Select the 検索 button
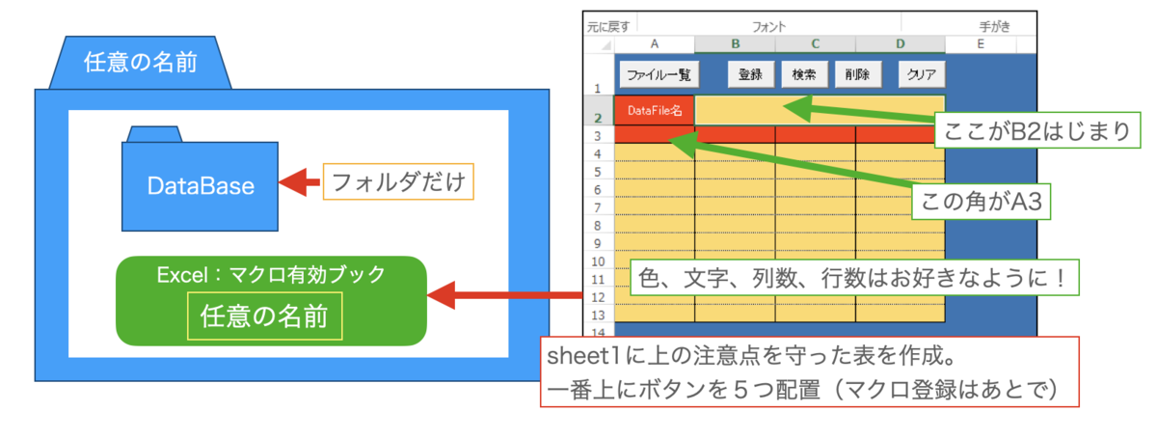point(804,74)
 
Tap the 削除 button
point(857,74)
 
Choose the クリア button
point(922,74)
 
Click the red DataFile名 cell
point(654,110)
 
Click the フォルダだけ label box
point(398,181)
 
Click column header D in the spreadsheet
point(900,43)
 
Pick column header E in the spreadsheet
point(981,43)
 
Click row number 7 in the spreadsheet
point(598,207)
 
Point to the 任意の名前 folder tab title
point(141,65)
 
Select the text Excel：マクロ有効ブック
point(271,274)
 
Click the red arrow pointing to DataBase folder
point(298,182)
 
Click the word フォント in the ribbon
point(769,26)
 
